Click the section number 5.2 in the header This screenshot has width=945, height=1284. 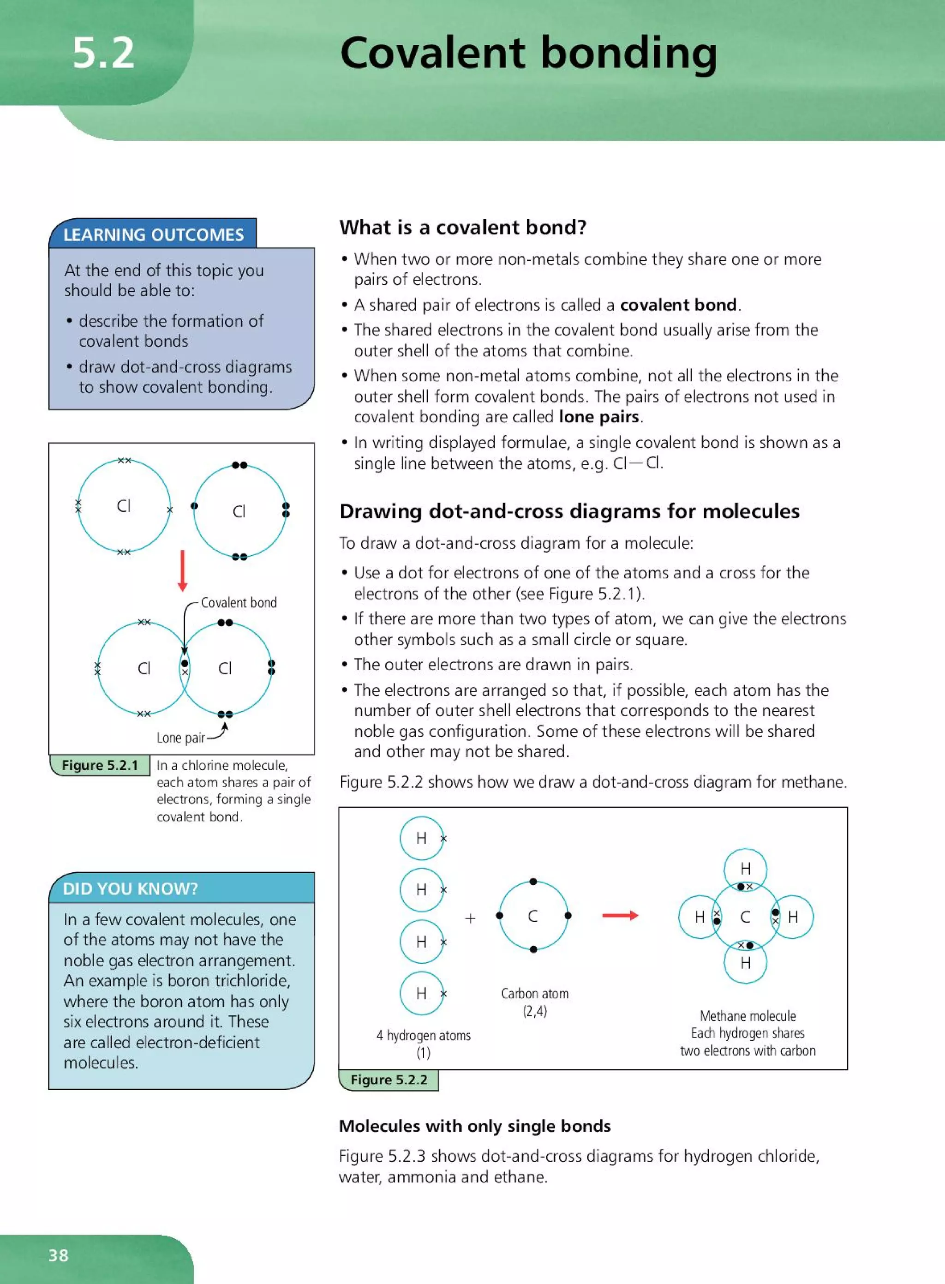click(103, 53)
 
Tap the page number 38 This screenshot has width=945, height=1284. click(58, 1255)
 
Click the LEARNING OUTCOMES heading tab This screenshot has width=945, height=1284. click(153, 234)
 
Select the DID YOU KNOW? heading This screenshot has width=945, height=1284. click(131, 888)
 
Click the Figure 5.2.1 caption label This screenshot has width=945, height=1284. click(100, 765)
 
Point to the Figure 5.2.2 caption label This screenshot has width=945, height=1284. click(389, 1080)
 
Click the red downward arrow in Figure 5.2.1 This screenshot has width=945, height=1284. click(182, 570)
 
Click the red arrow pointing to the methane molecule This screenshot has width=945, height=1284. click(620, 916)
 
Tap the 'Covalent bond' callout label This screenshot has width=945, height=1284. click(239, 602)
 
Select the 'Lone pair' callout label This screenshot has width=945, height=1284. click(180, 738)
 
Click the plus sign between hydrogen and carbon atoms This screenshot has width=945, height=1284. click(470, 918)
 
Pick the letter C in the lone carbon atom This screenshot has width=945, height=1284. click(532, 916)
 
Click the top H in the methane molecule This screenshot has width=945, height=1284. click(745, 869)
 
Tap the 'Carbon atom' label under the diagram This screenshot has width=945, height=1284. click(535, 993)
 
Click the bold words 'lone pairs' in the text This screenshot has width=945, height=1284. click(598, 417)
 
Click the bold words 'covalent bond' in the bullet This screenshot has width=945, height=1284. click(678, 305)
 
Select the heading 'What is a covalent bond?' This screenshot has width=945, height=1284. click(463, 227)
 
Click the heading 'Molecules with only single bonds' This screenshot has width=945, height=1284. click(475, 1126)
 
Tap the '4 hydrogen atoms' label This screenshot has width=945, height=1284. click(423, 1035)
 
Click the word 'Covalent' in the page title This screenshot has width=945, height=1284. click(432, 53)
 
